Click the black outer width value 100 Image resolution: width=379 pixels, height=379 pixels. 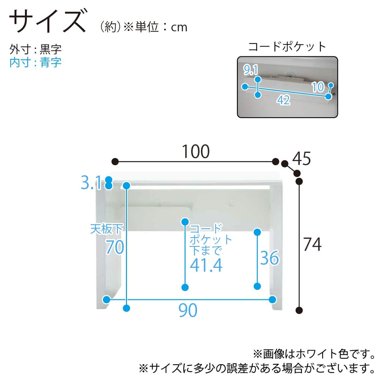coord(196,152)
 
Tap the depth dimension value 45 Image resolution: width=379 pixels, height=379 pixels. coord(301,158)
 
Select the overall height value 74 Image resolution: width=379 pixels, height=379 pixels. coord(312,244)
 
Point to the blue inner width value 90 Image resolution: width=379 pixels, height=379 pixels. coord(188,310)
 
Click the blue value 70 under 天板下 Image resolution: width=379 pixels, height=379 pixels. coord(115,247)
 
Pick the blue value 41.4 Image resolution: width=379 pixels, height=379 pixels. coord(206,265)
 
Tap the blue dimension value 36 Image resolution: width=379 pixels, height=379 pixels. coord(269,258)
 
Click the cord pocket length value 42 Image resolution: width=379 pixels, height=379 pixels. coord(283,100)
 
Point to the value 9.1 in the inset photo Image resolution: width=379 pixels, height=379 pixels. coord(251,70)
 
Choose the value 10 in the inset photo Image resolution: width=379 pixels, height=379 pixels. coord(318,87)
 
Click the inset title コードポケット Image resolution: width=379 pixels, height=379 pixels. coord(287,47)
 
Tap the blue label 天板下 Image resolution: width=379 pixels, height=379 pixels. coord(106,229)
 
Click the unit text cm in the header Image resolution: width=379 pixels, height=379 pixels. coord(179,27)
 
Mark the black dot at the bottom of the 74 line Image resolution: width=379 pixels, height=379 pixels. coord(299,310)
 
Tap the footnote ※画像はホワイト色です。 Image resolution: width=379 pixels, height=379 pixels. coord(314,354)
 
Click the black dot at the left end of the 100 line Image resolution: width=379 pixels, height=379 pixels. coord(115,161)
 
